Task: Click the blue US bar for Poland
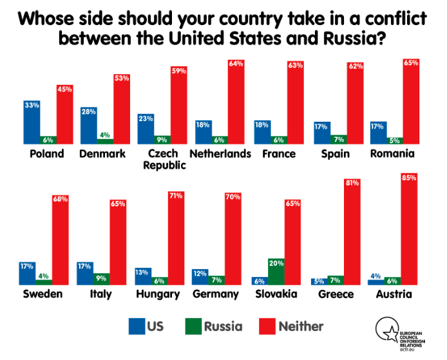pos(32,122)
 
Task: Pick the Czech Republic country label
pos(158,159)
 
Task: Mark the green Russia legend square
pos(191,327)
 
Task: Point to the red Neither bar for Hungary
pos(176,238)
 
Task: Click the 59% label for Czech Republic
pos(178,71)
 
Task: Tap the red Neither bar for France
pos(296,103)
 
